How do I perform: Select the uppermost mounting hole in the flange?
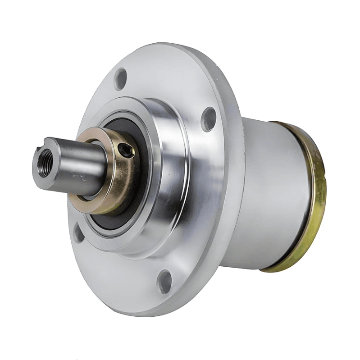coord(120,79)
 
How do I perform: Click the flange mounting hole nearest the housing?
coord(208,118)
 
